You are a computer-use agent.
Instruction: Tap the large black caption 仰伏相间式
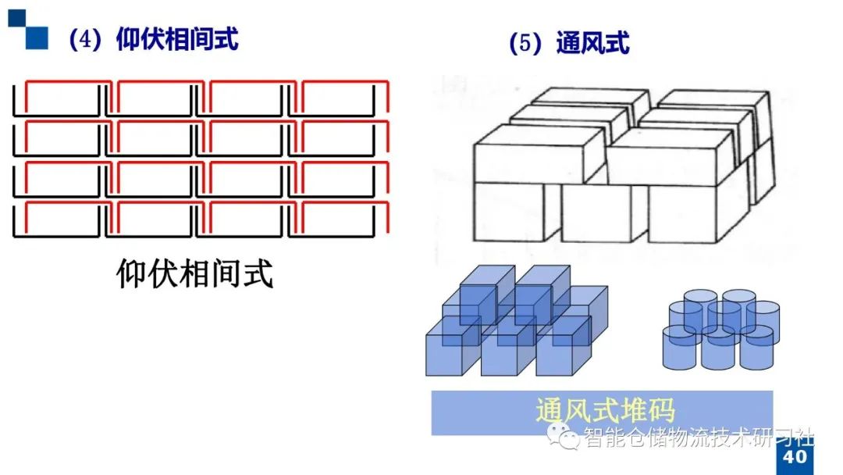pos(195,274)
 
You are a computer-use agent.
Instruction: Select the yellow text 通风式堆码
pos(605,412)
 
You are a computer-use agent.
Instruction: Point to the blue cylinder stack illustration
pos(720,329)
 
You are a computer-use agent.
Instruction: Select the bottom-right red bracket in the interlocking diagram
pos(343,216)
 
